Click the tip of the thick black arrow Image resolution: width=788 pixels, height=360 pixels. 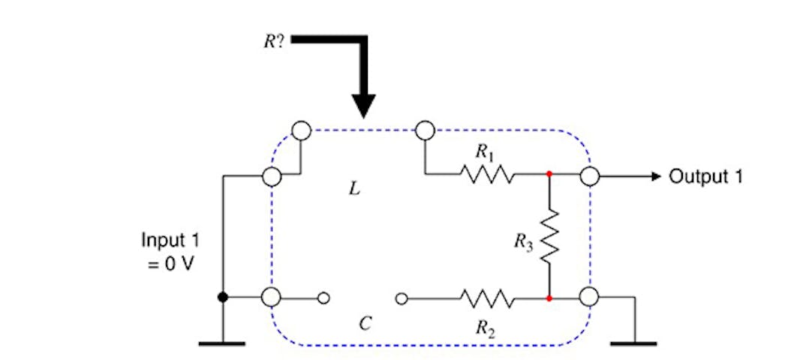click(364, 116)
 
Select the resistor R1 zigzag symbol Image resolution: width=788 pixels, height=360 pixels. click(489, 175)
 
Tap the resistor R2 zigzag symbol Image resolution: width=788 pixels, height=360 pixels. click(489, 298)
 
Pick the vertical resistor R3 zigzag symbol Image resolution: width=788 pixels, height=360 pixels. click(549, 237)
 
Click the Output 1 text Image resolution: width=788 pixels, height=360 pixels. click(705, 176)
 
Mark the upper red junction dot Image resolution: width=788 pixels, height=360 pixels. click(549, 175)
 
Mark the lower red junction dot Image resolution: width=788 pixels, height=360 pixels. click(549, 298)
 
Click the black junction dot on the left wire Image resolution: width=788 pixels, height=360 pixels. click(223, 298)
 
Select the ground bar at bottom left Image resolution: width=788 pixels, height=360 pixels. click(222, 343)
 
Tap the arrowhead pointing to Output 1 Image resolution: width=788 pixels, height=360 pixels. click(655, 176)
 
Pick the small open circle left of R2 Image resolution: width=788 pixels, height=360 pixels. click(402, 298)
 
